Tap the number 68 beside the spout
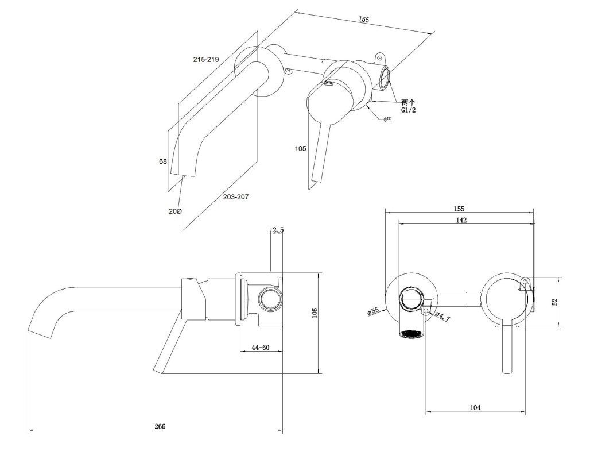pos(163,161)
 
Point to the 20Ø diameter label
pos(175,211)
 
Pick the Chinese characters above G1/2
pos(409,101)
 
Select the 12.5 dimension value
pos(277,230)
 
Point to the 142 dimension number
pos(461,220)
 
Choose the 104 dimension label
pos(475,407)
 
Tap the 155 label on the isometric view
pos(363,20)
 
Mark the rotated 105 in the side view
pos(314,312)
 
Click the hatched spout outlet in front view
pos(411,334)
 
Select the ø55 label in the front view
pos(374,311)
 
